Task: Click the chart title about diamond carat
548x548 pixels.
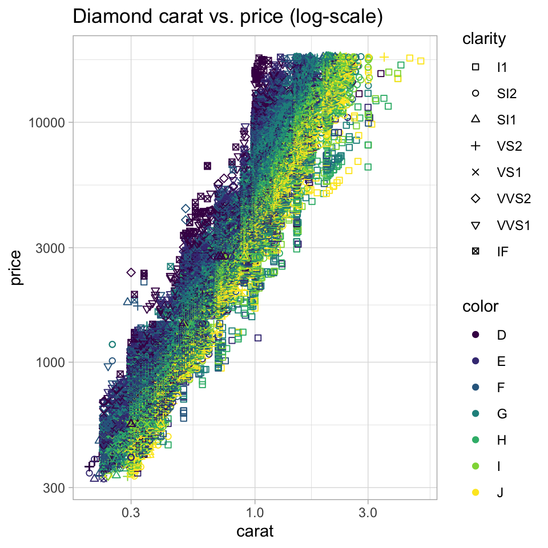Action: coord(227,17)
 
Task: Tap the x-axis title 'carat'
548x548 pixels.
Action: coord(255,532)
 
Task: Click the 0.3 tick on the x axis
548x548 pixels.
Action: coord(131,512)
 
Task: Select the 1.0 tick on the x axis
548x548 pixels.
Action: coord(255,512)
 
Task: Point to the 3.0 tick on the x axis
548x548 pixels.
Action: coord(368,512)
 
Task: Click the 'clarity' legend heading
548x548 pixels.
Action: coord(483,39)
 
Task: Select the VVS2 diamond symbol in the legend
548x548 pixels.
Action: coord(476,198)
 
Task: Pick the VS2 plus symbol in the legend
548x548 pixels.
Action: coord(476,146)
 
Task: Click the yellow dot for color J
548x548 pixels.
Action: coord(476,492)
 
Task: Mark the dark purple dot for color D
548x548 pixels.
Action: coord(476,335)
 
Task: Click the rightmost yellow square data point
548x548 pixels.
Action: coord(421,61)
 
